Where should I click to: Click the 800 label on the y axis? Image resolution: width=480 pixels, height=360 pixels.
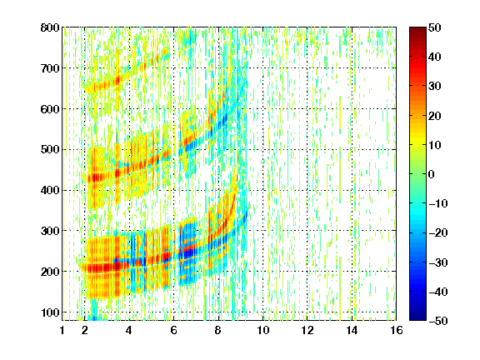click(x=50, y=27)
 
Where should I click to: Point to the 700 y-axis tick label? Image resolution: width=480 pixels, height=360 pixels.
click(x=50, y=68)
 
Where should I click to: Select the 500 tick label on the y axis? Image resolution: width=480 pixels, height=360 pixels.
click(x=50, y=150)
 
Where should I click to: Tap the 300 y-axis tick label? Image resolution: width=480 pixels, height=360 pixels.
click(x=50, y=231)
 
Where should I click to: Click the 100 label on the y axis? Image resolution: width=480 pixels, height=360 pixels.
click(x=50, y=312)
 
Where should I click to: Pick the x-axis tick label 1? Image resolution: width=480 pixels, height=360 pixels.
click(x=62, y=330)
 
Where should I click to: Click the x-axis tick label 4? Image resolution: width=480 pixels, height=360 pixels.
click(x=129, y=330)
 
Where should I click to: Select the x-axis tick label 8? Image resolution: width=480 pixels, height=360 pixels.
click(x=218, y=330)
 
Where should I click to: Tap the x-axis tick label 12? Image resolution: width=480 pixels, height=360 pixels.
click(x=307, y=330)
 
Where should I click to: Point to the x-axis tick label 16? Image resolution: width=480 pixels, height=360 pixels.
click(x=397, y=330)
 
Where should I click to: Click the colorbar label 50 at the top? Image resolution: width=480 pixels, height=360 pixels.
click(x=435, y=27)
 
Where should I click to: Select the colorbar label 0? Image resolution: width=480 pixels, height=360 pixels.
click(x=432, y=174)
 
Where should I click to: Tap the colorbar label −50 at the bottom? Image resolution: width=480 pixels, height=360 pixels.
click(x=438, y=321)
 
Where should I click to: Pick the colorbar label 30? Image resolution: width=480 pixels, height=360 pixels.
click(x=435, y=87)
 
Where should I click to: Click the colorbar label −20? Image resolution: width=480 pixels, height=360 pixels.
click(x=438, y=232)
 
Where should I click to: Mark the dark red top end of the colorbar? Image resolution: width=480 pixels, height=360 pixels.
click(x=417, y=28)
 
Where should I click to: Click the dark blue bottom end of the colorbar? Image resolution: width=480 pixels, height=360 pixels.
click(x=417, y=319)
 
